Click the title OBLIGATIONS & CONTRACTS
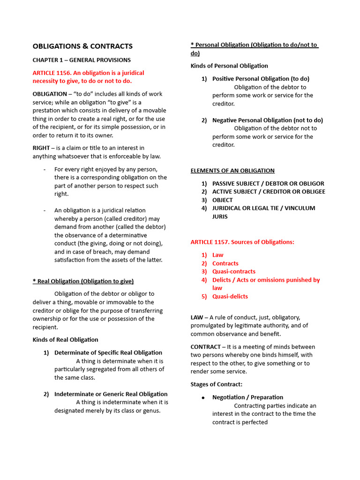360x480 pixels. pos(82,46)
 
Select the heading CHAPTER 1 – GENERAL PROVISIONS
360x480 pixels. pos(82,60)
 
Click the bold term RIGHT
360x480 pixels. pos(41,148)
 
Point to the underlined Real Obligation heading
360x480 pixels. pos(83,281)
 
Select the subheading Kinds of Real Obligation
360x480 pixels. pos(65,340)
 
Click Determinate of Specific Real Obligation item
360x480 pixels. pos(108,352)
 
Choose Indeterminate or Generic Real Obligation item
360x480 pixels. pos(111,394)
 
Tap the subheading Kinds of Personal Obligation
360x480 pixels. pos(229,66)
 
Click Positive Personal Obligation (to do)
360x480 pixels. pos(261,79)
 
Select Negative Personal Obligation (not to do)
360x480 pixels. pos(267,120)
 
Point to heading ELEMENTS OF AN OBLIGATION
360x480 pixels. pos(232,171)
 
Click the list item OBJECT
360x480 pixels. pos(222,200)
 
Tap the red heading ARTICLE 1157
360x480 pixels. pos(210,242)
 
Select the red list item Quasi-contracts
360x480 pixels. pos(233,271)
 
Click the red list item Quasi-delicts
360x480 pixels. pos(230,296)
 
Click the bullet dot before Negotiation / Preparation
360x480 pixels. pos(203,397)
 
